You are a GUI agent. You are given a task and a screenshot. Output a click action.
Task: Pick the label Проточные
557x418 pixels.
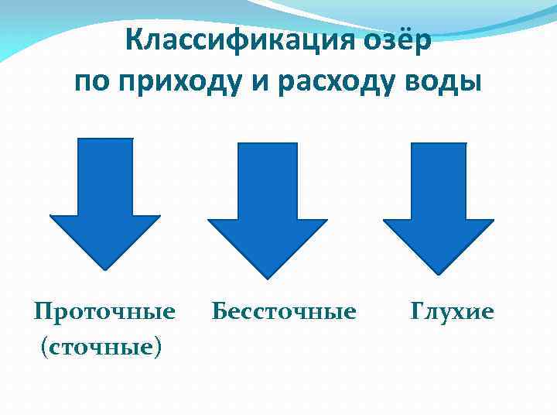pyautogui.click(x=104, y=311)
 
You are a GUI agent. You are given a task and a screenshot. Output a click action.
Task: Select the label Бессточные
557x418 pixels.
pyautogui.click(x=283, y=311)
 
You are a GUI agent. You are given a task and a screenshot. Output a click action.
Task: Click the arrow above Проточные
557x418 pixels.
pyautogui.click(x=105, y=201)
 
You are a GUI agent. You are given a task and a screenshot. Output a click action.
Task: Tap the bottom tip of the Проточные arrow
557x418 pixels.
pyautogui.click(x=105, y=269)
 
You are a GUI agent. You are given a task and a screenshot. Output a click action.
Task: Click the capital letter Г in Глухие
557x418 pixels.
pyautogui.click(x=417, y=311)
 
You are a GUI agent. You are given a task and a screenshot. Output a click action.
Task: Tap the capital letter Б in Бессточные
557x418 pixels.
pyautogui.click(x=219, y=311)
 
